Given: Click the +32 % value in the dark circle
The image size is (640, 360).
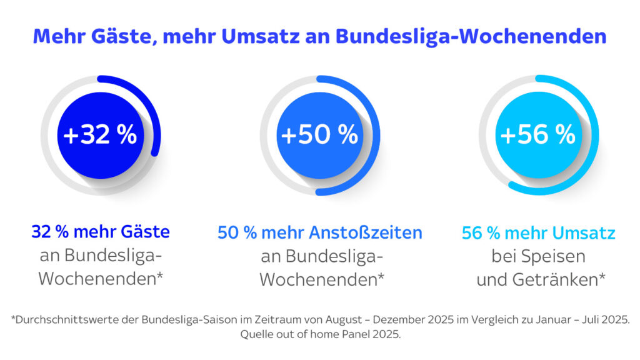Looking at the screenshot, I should click(100, 135).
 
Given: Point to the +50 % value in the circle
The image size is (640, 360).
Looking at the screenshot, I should click(319, 135).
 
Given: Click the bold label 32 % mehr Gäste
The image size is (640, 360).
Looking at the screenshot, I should click(101, 232).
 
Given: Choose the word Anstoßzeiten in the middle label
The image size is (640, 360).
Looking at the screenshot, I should click(366, 233).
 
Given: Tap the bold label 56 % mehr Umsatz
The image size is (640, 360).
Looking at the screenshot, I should click(539, 233).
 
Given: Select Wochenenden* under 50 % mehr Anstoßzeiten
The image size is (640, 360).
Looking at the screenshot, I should click(322, 279).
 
